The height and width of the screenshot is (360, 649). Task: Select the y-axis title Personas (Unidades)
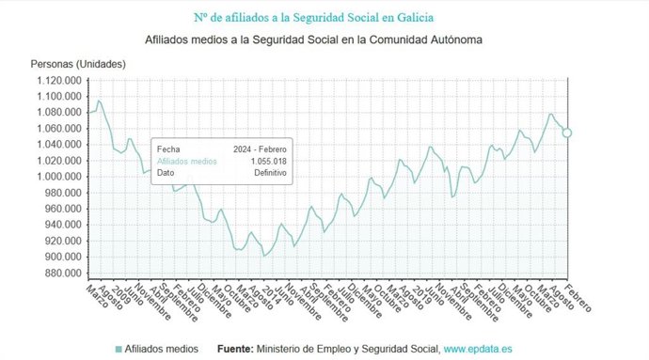pyautogui.click(x=78, y=64)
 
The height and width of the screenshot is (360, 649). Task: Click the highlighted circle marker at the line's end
pyautogui.click(x=567, y=133)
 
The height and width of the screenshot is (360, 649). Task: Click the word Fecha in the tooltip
pyautogui.click(x=168, y=149)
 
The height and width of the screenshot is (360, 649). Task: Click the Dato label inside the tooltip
pyautogui.click(x=166, y=173)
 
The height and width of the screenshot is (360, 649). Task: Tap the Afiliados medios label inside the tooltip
pyautogui.click(x=186, y=162)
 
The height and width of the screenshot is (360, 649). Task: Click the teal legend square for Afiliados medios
pyautogui.click(x=119, y=349)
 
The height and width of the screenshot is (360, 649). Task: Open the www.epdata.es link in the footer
pyautogui.click(x=478, y=349)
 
